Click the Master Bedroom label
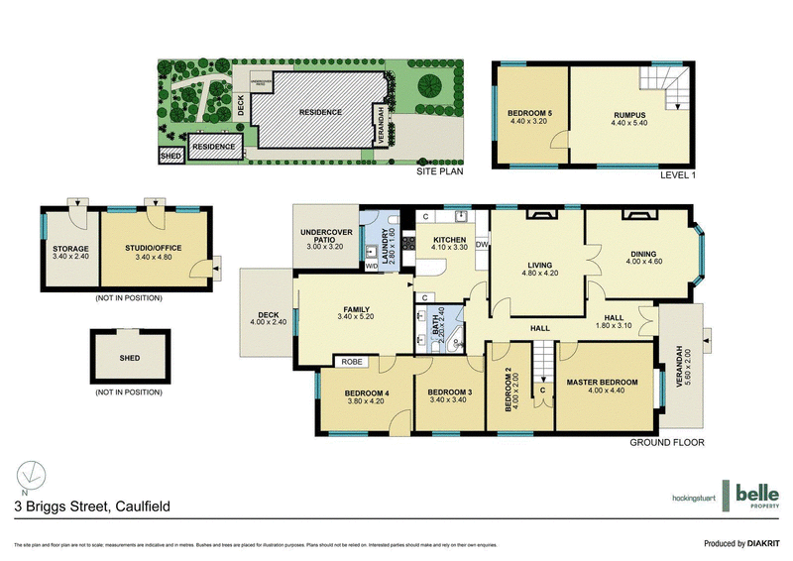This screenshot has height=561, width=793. point(602,382)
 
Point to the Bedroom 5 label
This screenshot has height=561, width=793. point(529,114)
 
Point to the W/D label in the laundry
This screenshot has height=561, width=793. point(371,266)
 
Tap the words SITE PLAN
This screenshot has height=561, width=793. point(436,171)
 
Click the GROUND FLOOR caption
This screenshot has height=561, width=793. point(667,443)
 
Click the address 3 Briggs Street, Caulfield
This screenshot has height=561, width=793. point(91,506)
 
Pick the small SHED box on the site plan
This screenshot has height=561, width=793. point(170,155)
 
